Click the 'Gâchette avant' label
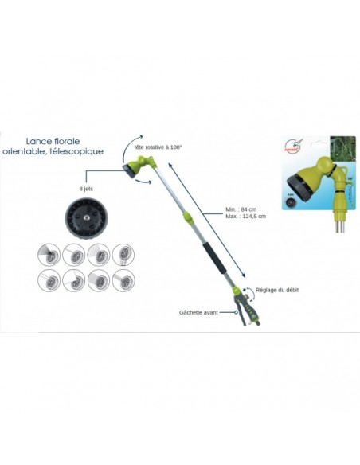tap(200, 313)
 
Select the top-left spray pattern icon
tap(49, 255)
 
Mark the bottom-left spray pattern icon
tap(49, 282)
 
